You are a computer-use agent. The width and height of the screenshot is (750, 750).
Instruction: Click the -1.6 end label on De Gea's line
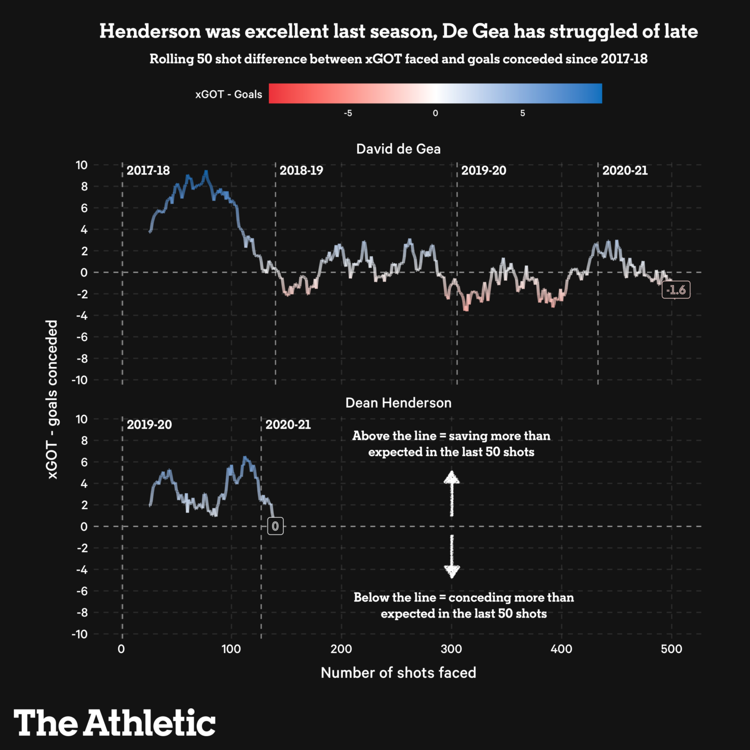click(x=676, y=290)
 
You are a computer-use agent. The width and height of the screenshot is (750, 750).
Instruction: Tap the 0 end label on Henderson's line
click(x=275, y=526)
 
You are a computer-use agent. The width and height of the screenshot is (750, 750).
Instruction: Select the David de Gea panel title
click(x=398, y=149)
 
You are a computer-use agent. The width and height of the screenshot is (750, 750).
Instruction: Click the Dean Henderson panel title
click(x=398, y=403)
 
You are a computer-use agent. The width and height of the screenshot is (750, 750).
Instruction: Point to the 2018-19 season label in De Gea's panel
click(x=301, y=170)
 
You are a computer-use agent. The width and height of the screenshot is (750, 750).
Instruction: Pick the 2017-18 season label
click(x=148, y=170)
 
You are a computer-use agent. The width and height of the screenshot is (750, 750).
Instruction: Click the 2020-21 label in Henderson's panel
click(x=288, y=424)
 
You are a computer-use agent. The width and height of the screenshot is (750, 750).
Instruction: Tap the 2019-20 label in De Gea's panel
click(x=484, y=170)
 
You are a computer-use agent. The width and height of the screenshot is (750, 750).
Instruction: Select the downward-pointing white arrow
click(x=452, y=556)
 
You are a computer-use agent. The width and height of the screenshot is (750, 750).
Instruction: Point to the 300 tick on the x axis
click(x=451, y=649)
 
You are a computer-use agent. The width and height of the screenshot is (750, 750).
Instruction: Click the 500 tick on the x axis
click(x=671, y=649)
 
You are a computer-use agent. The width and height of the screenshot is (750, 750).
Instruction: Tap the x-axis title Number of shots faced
click(x=398, y=673)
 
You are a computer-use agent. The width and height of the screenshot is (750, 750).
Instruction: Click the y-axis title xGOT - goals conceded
click(x=52, y=399)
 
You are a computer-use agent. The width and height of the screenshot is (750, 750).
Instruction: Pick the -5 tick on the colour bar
click(x=348, y=113)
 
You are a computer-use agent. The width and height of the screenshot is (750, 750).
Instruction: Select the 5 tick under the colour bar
click(x=522, y=113)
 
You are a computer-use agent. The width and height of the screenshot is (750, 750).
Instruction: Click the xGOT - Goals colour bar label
click(x=229, y=94)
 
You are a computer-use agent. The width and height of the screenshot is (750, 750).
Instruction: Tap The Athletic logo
click(x=115, y=722)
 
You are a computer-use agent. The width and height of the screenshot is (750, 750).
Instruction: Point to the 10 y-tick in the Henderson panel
click(x=82, y=419)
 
